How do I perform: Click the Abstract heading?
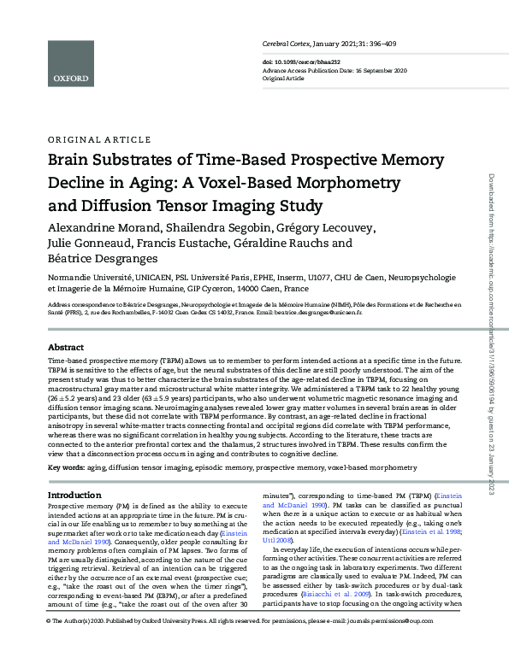[x=65, y=348]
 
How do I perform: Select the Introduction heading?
[x=74, y=495]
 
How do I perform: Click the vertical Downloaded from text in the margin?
[x=490, y=197]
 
